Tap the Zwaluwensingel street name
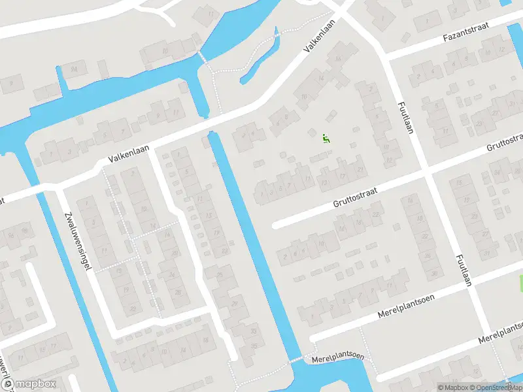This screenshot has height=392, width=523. (78, 242)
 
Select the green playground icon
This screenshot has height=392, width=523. (325, 137)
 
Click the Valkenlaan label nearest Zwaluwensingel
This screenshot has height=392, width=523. (129, 155)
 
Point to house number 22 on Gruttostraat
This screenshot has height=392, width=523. (375, 214)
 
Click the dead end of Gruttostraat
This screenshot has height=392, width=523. (276, 225)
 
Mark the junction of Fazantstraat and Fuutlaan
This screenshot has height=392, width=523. (386, 57)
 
